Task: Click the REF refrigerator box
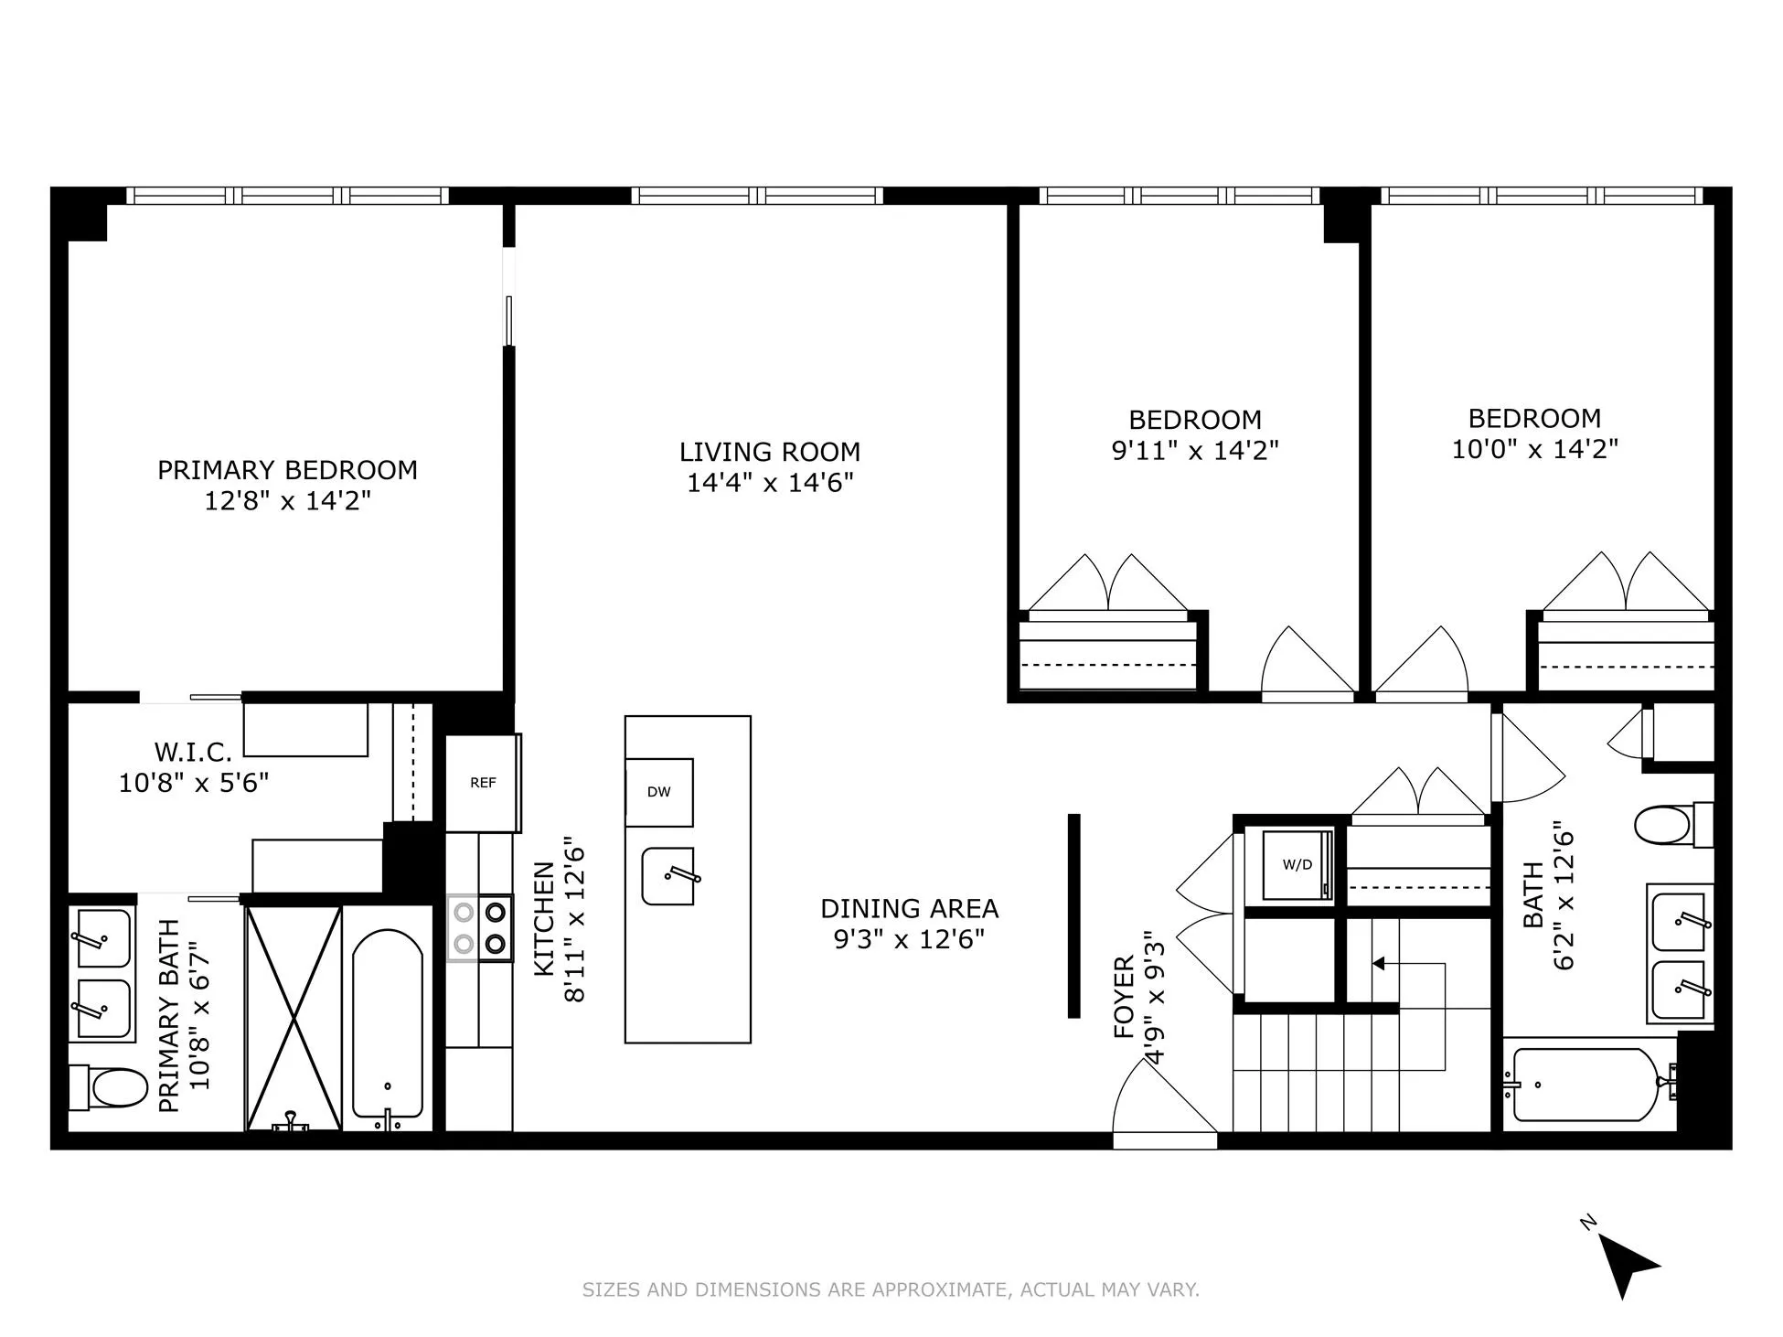483,783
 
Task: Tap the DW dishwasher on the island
658,792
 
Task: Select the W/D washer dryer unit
1297,865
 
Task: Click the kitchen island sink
668,876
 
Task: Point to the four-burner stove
480,927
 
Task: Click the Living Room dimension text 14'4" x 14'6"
770,483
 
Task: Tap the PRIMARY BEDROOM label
287,470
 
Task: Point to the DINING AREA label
909,909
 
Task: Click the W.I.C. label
193,752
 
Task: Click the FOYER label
1125,997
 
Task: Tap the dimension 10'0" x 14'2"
1535,449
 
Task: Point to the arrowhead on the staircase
1379,963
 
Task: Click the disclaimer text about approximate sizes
891,1289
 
